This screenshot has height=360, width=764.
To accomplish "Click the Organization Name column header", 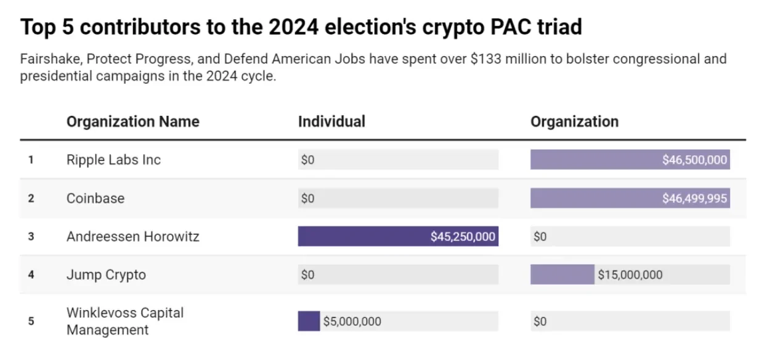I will pyautogui.click(x=132, y=121).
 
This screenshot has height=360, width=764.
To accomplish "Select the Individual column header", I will pyautogui.click(x=331, y=121).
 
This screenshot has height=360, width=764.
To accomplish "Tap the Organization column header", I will pyautogui.click(x=574, y=121).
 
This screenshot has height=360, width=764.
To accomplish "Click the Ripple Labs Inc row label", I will pyautogui.click(x=113, y=160).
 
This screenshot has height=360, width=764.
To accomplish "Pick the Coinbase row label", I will pyautogui.click(x=95, y=198).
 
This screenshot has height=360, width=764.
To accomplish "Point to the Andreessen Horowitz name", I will pyautogui.click(x=133, y=236).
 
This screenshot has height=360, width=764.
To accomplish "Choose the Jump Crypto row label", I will pyautogui.click(x=106, y=275).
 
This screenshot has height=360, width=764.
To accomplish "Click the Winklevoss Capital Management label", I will pyautogui.click(x=125, y=321).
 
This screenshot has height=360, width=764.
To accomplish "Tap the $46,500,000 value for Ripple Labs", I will pyautogui.click(x=694, y=160).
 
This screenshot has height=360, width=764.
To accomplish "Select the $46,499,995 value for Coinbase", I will pyautogui.click(x=694, y=198).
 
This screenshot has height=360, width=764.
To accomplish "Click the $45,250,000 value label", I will pyautogui.click(x=463, y=237).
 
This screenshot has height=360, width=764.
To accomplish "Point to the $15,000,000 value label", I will pyautogui.click(x=630, y=275).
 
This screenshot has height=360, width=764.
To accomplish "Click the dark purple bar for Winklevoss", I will pyautogui.click(x=309, y=321).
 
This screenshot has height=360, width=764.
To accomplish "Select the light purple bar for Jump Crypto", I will pyautogui.click(x=562, y=275).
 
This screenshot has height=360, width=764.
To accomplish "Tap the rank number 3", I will pyautogui.click(x=31, y=237).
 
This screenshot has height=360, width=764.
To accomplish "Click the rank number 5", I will pyautogui.click(x=31, y=321).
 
